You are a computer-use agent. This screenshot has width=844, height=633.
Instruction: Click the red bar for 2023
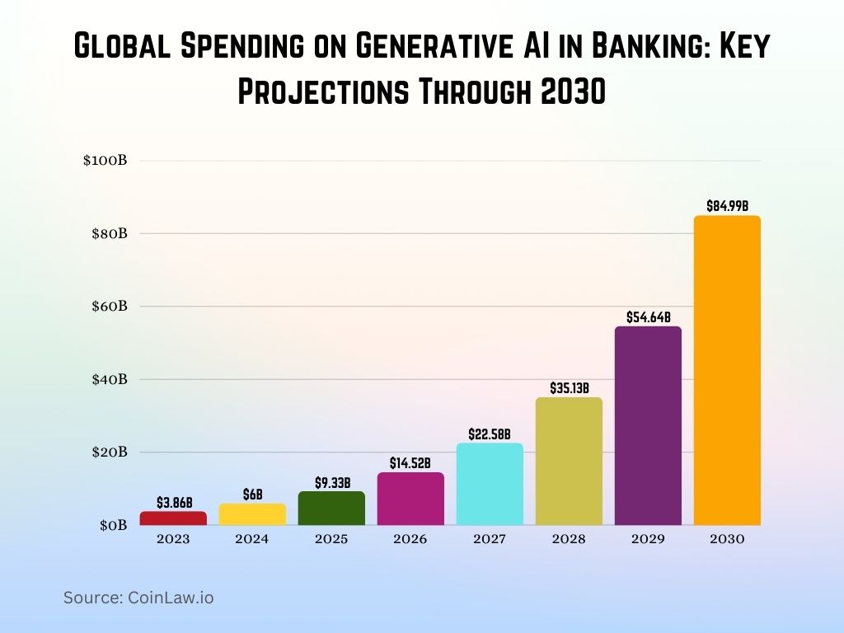coord(173,518)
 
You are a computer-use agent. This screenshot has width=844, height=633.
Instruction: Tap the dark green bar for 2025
coord(331,509)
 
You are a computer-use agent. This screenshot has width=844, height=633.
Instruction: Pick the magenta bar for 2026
coord(410,499)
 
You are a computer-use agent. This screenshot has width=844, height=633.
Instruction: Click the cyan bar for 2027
coord(490,484)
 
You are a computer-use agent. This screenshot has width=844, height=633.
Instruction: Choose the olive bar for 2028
coord(569,461)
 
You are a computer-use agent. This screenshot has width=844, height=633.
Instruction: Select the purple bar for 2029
coord(648,425)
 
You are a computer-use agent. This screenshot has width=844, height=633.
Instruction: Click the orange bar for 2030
coord(727,370)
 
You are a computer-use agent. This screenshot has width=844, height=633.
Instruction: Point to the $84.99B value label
coord(727,205)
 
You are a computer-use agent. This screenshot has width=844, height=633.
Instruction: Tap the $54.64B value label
coord(648,316)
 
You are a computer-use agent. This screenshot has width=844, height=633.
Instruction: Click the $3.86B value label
coord(174,502)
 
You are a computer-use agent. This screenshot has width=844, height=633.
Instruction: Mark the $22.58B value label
coord(490,434)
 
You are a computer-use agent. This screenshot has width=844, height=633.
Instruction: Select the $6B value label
coord(252,495)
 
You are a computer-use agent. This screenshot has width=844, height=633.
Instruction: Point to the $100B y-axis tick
coord(105,160)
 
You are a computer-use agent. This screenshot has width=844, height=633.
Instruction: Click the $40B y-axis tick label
coord(108,379)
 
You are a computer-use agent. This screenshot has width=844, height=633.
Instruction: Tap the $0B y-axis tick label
coord(112,525)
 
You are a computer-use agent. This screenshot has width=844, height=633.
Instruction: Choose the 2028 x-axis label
coord(569,539)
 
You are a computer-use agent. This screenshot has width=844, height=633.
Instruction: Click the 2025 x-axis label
coord(331,539)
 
